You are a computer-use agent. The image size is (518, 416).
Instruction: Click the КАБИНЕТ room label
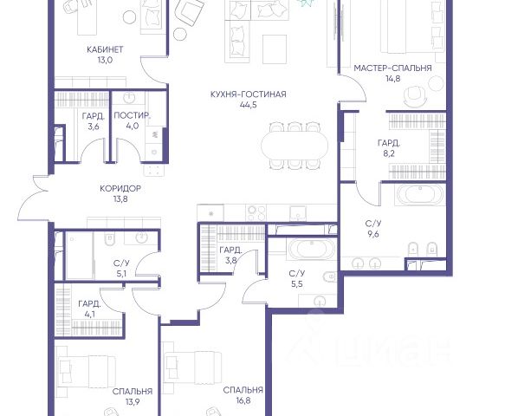105,49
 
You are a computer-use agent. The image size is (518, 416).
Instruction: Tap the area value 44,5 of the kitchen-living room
249,105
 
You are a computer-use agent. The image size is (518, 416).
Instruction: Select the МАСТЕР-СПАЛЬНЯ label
392,68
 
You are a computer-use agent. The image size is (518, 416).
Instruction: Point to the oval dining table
295,146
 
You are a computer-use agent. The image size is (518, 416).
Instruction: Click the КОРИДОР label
120,189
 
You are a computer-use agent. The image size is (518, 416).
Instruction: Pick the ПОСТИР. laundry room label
132,115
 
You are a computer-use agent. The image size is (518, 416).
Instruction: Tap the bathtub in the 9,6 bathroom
420,195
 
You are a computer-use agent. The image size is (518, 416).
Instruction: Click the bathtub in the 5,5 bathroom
312,248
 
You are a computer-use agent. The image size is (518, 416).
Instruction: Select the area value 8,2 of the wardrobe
388,153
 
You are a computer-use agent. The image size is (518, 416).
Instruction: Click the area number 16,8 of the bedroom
243,400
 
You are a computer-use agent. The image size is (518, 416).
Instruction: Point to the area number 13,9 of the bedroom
133,402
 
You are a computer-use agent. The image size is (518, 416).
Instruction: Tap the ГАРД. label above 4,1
89,303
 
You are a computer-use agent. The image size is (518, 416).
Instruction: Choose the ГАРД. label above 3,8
230,250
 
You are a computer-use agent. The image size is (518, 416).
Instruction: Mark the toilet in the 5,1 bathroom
109,239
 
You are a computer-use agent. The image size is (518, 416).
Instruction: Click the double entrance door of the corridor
34,198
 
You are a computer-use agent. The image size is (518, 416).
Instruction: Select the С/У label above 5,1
121,263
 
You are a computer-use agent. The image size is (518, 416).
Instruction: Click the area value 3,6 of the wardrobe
94,127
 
